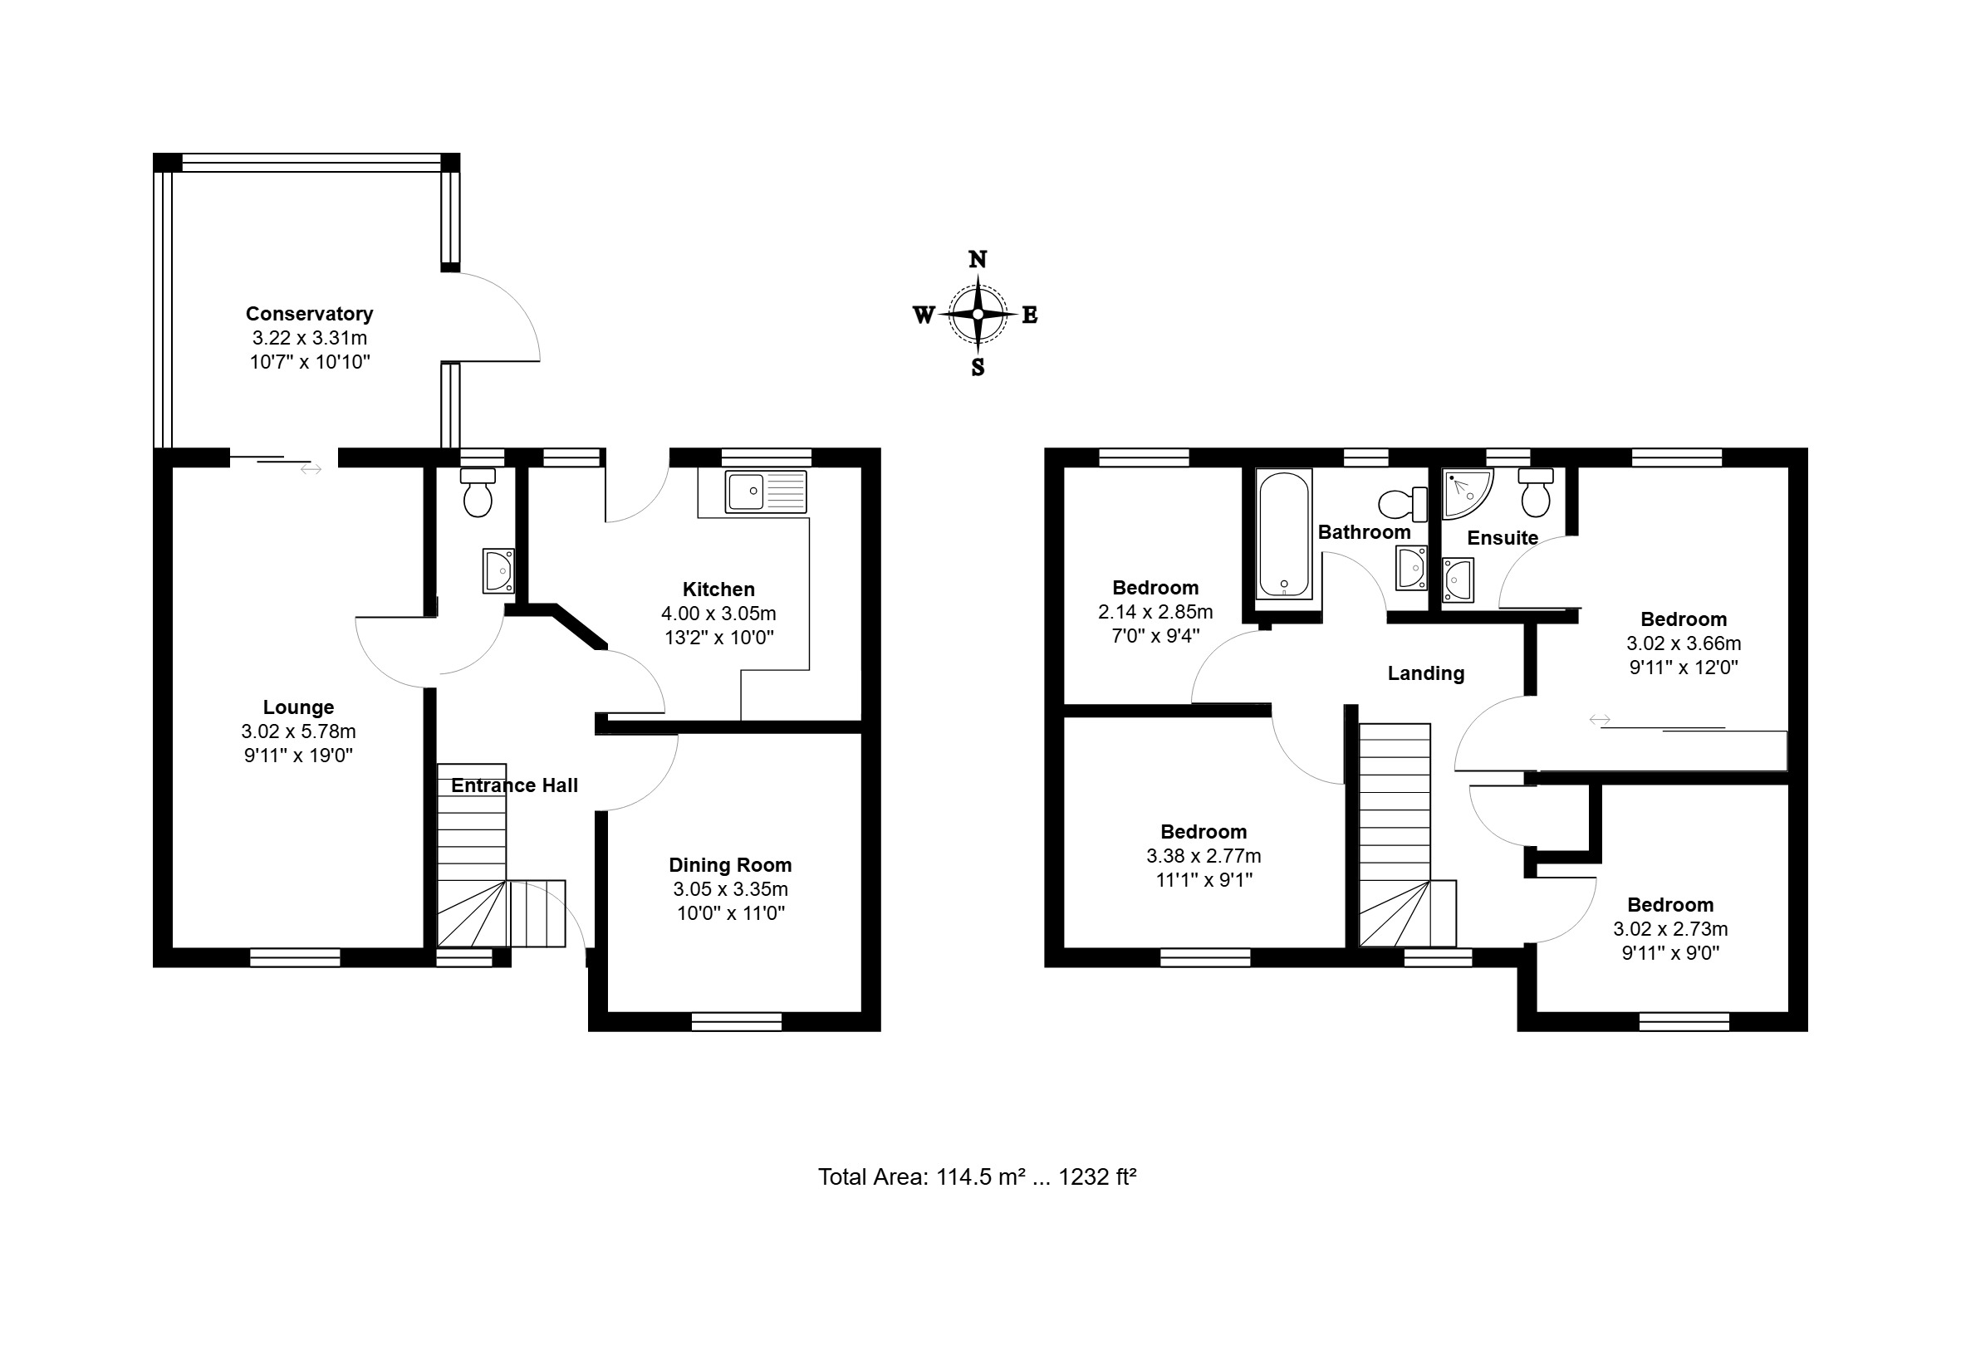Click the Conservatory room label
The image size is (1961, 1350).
310,314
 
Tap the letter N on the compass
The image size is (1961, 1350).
977,260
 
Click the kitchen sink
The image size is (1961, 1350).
766,492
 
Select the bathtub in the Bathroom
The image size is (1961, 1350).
1283,535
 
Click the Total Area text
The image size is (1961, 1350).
977,1176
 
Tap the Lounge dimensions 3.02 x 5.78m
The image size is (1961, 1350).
299,731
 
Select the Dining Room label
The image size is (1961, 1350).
730,865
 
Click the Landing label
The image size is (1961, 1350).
1425,673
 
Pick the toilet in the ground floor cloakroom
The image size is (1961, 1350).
478,492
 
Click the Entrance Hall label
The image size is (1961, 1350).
514,785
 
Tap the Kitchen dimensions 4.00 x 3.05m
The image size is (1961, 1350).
718,614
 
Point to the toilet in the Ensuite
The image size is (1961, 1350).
1536,492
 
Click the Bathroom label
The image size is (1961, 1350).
1364,533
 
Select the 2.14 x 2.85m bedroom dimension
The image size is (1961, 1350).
1155,612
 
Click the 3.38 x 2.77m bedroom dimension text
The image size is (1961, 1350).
1204,856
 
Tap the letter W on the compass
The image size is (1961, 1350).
923,315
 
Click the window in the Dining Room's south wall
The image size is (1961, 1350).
736,1023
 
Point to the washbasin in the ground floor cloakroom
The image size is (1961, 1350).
498,571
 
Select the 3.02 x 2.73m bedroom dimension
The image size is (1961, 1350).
1670,929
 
